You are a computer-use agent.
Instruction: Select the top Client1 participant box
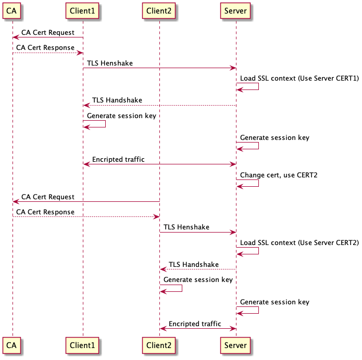pos(82,10)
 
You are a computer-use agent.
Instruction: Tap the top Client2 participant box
pos(159,10)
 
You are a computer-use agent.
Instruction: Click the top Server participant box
pos(236,10)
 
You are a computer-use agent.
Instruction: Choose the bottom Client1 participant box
pos(82,345)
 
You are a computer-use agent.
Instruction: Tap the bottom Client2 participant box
pos(159,345)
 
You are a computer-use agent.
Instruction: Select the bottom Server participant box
pos(236,345)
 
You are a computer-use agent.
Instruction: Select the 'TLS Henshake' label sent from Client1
pos(110,63)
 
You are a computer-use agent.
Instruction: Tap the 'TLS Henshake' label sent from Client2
pos(186,227)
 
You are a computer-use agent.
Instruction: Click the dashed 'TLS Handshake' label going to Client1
pos(117,100)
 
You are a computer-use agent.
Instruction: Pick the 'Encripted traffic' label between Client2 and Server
pos(195,324)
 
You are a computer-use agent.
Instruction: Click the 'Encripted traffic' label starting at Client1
pos(118,160)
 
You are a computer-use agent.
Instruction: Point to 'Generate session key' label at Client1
pos(121,115)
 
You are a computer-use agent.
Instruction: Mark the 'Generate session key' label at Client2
pos(198,279)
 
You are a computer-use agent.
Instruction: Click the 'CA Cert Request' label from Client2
pos(48,197)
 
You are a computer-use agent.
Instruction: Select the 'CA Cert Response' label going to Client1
pos(45,48)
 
